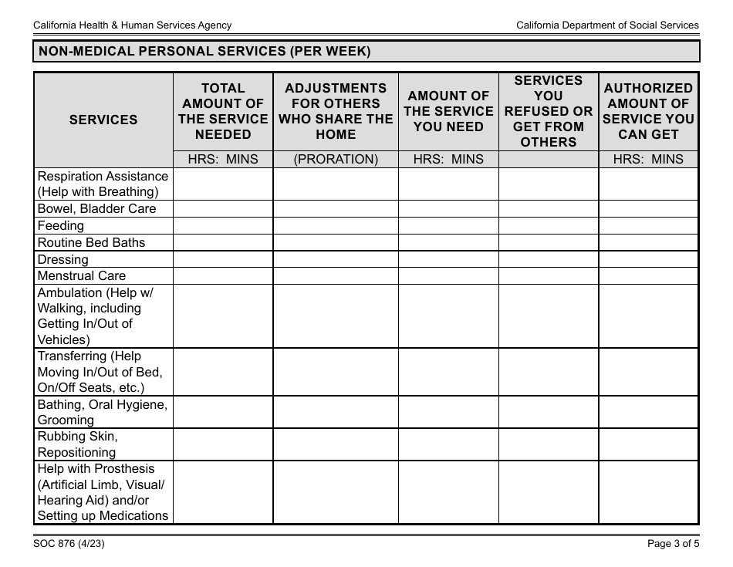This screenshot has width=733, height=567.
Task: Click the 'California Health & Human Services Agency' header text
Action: (x=132, y=25)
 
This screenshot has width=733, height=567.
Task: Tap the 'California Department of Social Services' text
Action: (x=607, y=25)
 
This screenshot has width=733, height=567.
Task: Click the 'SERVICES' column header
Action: (x=103, y=120)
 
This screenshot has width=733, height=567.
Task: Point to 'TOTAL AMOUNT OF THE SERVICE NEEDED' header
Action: (x=223, y=111)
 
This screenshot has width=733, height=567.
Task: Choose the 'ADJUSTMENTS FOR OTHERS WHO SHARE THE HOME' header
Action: (x=336, y=111)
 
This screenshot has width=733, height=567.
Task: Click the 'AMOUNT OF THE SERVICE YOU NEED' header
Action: (x=448, y=111)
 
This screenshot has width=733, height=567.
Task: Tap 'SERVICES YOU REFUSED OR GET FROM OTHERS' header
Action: (x=549, y=111)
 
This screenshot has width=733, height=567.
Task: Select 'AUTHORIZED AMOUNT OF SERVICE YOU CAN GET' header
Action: (x=648, y=111)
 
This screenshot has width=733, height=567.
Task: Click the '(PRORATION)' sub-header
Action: (x=336, y=160)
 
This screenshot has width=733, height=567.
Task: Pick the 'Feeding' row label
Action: (x=61, y=226)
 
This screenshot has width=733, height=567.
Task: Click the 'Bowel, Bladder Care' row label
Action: (x=96, y=209)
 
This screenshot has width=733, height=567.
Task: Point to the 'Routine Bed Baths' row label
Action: (x=91, y=242)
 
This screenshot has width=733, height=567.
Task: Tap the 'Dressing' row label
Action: (x=62, y=260)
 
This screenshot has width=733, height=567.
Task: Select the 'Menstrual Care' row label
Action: (x=81, y=276)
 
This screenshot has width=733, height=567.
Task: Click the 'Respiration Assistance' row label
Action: (x=103, y=177)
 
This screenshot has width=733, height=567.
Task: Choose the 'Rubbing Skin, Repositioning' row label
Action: (x=77, y=444)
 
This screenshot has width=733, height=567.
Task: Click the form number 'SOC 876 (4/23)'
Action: (x=69, y=543)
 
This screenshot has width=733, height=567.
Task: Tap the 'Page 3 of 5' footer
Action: (x=673, y=543)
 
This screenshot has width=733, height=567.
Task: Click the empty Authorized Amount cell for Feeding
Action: (x=648, y=226)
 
